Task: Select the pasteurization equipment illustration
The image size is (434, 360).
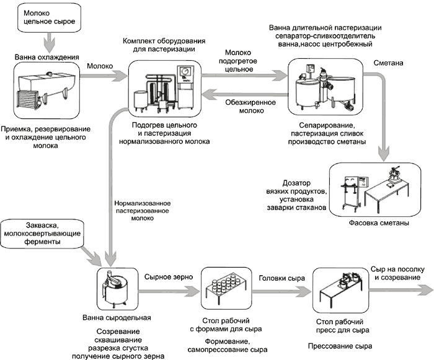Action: [x=165, y=87]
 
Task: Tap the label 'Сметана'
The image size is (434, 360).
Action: [x=389, y=63]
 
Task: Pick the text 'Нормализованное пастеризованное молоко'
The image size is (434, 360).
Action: [x=143, y=211]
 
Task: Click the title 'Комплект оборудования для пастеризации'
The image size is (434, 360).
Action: [x=164, y=44]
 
